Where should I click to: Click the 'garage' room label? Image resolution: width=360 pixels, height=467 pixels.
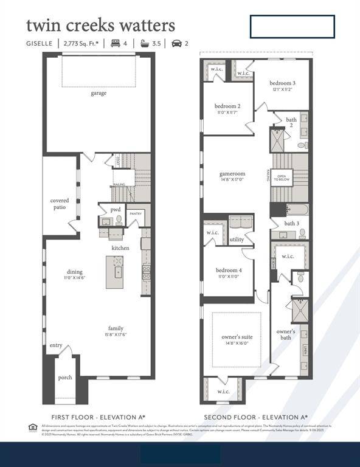[99, 93]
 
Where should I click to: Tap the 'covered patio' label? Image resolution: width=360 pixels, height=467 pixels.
[60, 204]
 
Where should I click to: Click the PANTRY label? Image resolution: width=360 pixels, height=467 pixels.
[136, 213]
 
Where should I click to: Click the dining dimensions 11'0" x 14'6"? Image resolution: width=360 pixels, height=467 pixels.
[75, 278]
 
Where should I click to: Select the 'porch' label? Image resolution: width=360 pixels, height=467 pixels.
[65, 378]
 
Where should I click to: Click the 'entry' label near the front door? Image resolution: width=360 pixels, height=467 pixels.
[56, 345]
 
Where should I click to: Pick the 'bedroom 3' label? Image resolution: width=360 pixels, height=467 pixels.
[283, 83]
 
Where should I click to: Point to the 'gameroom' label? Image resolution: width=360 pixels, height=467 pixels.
[232, 174]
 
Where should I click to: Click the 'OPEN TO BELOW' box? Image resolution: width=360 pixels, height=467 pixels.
[282, 178]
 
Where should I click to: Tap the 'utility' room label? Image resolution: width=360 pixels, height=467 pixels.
[237, 240]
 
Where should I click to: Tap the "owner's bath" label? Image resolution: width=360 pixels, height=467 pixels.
[286, 334]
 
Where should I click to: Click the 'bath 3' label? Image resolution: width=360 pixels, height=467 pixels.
[291, 223]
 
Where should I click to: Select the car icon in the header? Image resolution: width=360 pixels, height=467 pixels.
[176, 43]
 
